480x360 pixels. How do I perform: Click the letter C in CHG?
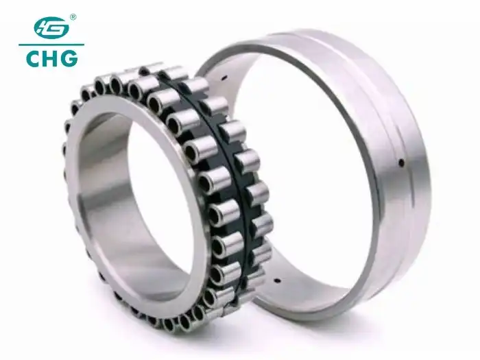[x=35, y=58]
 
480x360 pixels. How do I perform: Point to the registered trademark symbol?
[x=73, y=16]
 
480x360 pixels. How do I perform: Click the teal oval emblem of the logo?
[x=52, y=29]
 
